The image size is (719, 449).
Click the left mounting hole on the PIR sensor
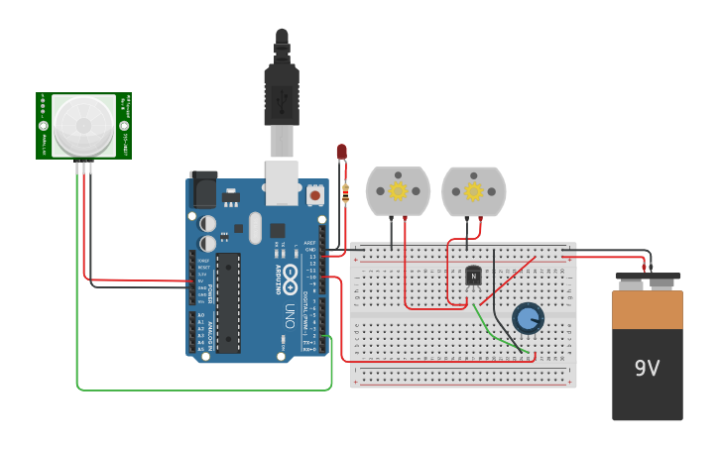point(44,126)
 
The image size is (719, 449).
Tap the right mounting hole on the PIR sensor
point(124,126)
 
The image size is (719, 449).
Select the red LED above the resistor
point(342,152)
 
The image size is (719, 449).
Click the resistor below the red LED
point(345,193)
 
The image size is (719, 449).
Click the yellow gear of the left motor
point(398,190)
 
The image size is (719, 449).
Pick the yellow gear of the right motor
point(473,190)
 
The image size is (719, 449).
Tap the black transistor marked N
point(473,275)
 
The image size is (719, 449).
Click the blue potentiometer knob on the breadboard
point(528,318)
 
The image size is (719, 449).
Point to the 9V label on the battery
point(647,369)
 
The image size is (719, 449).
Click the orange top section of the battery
point(647,309)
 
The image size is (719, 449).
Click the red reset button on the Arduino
point(315,195)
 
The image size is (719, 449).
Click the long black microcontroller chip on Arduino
point(228,302)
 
